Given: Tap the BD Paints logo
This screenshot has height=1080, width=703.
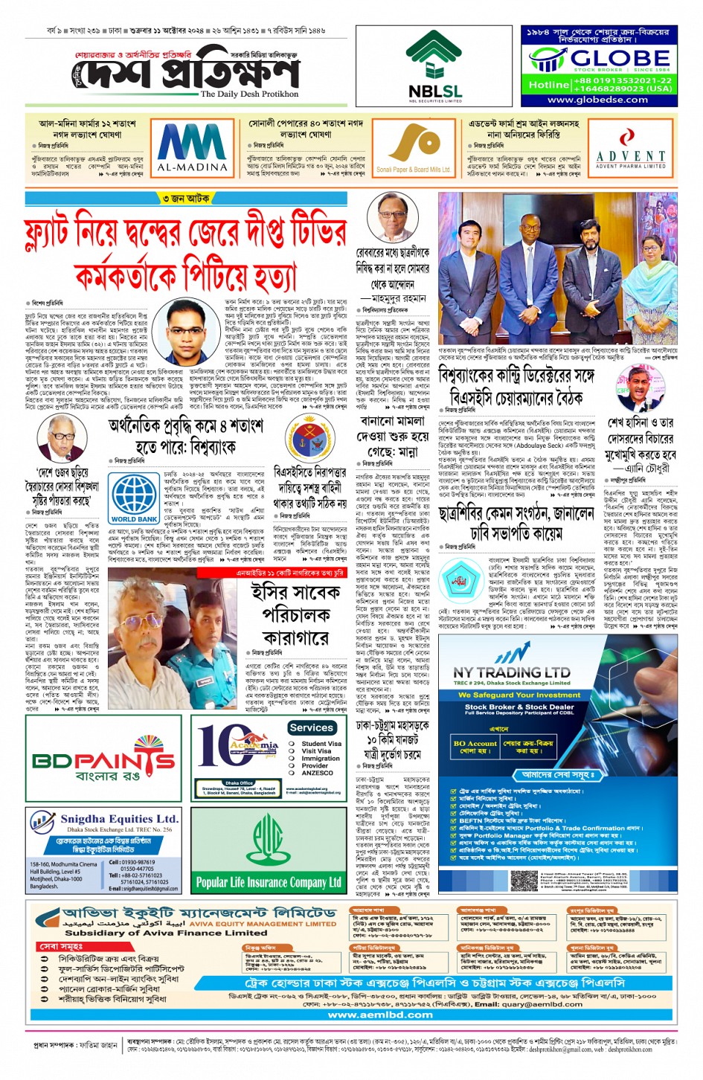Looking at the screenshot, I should [x=104, y=764].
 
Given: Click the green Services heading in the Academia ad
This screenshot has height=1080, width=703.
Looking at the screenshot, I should [x=311, y=727].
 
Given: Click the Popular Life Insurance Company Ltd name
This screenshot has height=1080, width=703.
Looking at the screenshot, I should [x=268, y=883].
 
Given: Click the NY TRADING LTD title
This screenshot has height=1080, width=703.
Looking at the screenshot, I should [x=512, y=672].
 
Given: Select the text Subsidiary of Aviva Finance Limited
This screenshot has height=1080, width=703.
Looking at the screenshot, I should [x=155, y=932].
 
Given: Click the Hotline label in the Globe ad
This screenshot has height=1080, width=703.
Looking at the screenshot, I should [x=548, y=85].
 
